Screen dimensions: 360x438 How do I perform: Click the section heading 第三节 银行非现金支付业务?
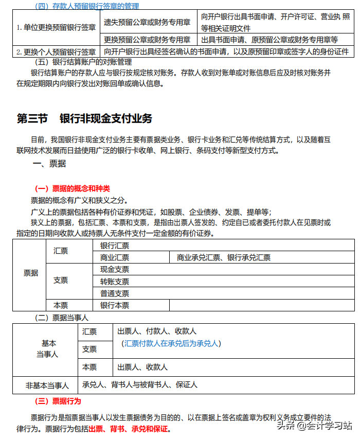[85, 118]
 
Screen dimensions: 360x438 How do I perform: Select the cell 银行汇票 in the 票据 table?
[115, 246]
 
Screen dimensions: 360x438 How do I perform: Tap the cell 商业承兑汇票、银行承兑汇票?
[223, 257]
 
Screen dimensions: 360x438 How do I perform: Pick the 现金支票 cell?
[115, 269]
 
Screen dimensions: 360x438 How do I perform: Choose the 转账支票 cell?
[115, 282]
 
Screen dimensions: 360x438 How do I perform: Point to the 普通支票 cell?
[115, 293]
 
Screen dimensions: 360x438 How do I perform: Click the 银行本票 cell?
[115, 305]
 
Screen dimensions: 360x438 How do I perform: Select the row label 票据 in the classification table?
[31, 273]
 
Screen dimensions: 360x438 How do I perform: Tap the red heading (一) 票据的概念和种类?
[73, 189]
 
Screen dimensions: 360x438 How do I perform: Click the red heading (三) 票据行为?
[58, 401]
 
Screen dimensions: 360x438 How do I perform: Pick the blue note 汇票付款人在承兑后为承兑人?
[171, 343]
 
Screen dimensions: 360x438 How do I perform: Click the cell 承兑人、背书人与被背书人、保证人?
[139, 384]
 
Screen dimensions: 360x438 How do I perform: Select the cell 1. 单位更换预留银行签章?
[56, 28]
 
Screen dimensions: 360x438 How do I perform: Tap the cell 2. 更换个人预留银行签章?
[56, 51]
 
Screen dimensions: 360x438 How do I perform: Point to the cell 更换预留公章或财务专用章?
[147, 40]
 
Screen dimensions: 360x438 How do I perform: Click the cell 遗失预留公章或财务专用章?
[147, 22]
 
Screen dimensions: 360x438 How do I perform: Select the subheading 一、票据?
[49, 164]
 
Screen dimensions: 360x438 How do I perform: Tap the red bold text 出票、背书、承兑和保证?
[129, 429]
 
